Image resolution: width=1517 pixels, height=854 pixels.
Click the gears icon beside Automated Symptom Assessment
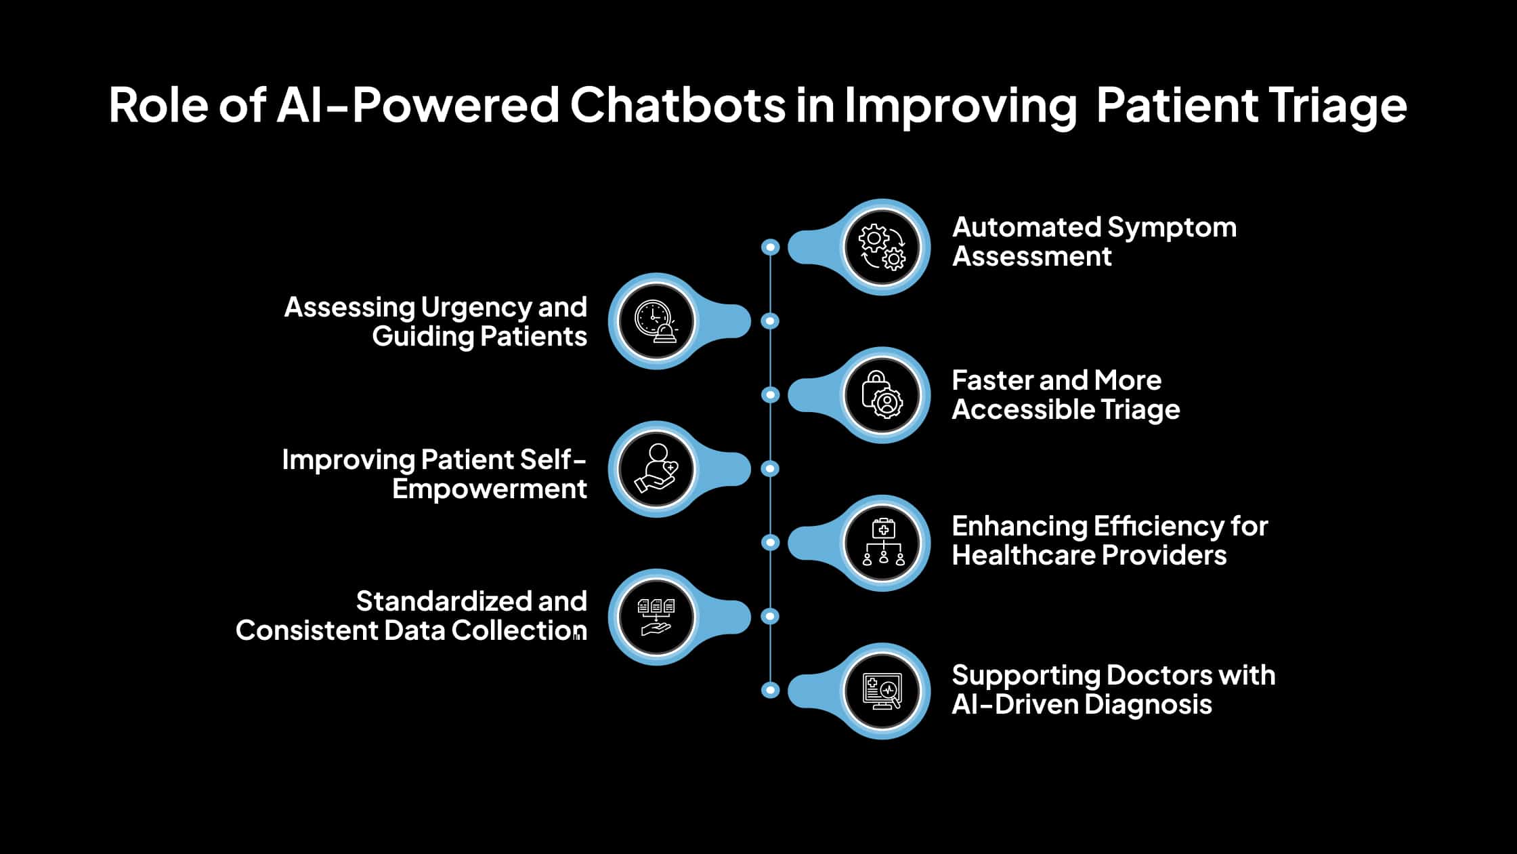coord(882,247)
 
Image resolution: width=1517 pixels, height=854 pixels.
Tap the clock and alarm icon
coord(656,321)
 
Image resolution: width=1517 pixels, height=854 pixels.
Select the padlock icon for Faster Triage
coord(882,394)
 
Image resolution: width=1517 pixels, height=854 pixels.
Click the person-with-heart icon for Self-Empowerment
coord(656,468)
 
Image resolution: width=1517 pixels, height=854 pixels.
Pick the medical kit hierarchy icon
coord(882,542)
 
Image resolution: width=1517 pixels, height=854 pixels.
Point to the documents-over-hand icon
coord(656,616)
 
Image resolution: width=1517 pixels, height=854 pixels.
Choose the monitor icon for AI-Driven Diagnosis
coord(882,690)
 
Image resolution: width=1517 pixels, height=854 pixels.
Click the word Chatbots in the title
coord(677,105)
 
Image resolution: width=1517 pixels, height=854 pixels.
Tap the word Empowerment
coord(489,489)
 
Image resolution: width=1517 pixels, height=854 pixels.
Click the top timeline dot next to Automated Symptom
coord(770,247)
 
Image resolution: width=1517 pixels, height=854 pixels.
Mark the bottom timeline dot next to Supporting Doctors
coord(770,690)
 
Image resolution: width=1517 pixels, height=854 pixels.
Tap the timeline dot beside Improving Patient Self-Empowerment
coord(770,468)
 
